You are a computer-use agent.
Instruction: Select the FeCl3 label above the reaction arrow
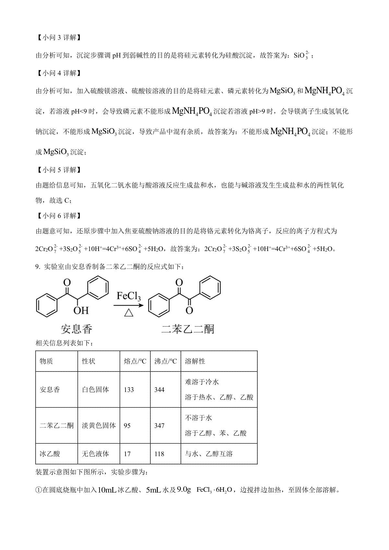(x=129, y=297)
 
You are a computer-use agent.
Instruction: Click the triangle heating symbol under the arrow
(x=129, y=313)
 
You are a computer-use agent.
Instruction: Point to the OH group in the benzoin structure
(x=81, y=311)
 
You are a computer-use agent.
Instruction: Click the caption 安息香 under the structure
(x=77, y=329)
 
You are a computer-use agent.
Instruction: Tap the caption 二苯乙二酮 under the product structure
(x=188, y=329)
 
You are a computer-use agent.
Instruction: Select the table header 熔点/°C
(x=135, y=361)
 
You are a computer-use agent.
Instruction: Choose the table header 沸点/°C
(x=166, y=361)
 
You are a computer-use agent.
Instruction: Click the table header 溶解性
(x=195, y=361)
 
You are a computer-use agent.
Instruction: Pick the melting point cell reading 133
(x=129, y=390)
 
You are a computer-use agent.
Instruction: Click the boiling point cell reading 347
(x=159, y=426)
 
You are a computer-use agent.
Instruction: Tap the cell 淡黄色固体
(x=99, y=426)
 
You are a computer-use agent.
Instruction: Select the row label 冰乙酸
(x=50, y=454)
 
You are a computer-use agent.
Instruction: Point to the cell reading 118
(x=159, y=454)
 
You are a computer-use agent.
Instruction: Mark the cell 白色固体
(x=96, y=390)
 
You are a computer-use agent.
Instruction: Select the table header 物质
(x=46, y=361)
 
